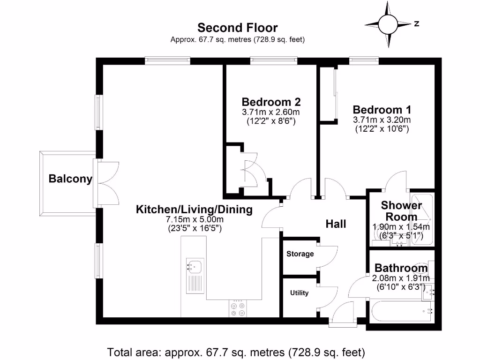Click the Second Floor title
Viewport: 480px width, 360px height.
pyautogui.click(x=237, y=28)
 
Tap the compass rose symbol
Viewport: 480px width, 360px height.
pyautogui.click(x=388, y=23)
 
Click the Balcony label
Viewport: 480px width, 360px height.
pyautogui.click(x=70, y=179)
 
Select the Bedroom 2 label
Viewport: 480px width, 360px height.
pyautogui.click(x=271, y=102)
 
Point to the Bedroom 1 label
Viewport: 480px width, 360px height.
pyautogui.click(x=382, y=110)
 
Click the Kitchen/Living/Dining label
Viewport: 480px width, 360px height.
pyautogui.click(x=194, y=210)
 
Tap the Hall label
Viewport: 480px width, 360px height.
pyautogui.click(x=336, y=224)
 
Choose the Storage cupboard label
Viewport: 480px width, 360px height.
pyautogui.click(x=300, y=254)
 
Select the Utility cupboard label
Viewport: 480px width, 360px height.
pyautogui.click(x=299, y=293)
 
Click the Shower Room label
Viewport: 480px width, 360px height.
pyautogui.click(x=401, y=211)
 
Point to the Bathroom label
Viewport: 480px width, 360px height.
pyautogui.click(x=401, y=268)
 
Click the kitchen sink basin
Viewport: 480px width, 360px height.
pyautogui.click(x=195, y=267)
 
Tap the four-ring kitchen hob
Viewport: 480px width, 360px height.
pyautogui.click(x=238, y=309)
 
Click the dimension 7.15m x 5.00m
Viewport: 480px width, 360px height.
pyautogui.click(x=194, y=220)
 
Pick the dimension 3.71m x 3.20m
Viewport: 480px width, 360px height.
pyautogui.click(x=382, y=120)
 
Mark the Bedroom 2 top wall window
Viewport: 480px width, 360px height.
pyautogui.click(x=273, y=60)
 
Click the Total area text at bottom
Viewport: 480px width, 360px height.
pyautogui.click(x=236, y=352)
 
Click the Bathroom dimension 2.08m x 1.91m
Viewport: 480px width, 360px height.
pyautogui.click(x=400, y=278)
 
